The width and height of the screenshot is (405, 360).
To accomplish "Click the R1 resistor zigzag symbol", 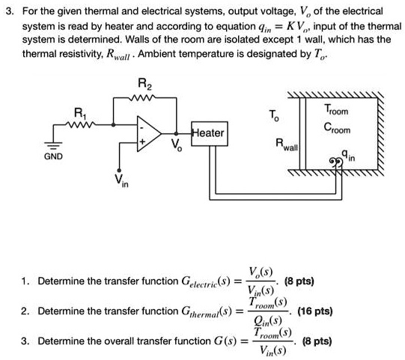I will coord(81,123).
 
